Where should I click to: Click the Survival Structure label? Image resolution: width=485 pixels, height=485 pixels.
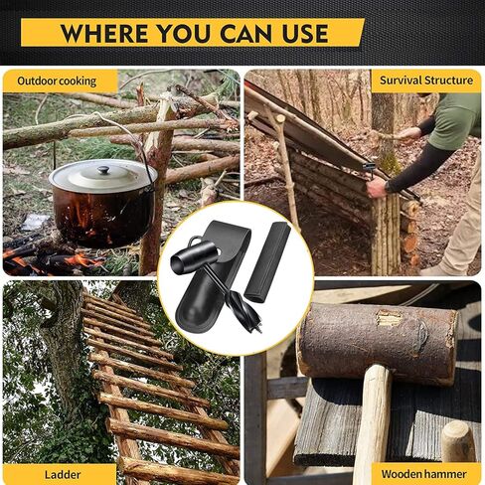pos(424,81)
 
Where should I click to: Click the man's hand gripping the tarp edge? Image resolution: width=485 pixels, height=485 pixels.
pos(377,187)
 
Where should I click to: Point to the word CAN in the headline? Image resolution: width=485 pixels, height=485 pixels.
pos(251,33)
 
